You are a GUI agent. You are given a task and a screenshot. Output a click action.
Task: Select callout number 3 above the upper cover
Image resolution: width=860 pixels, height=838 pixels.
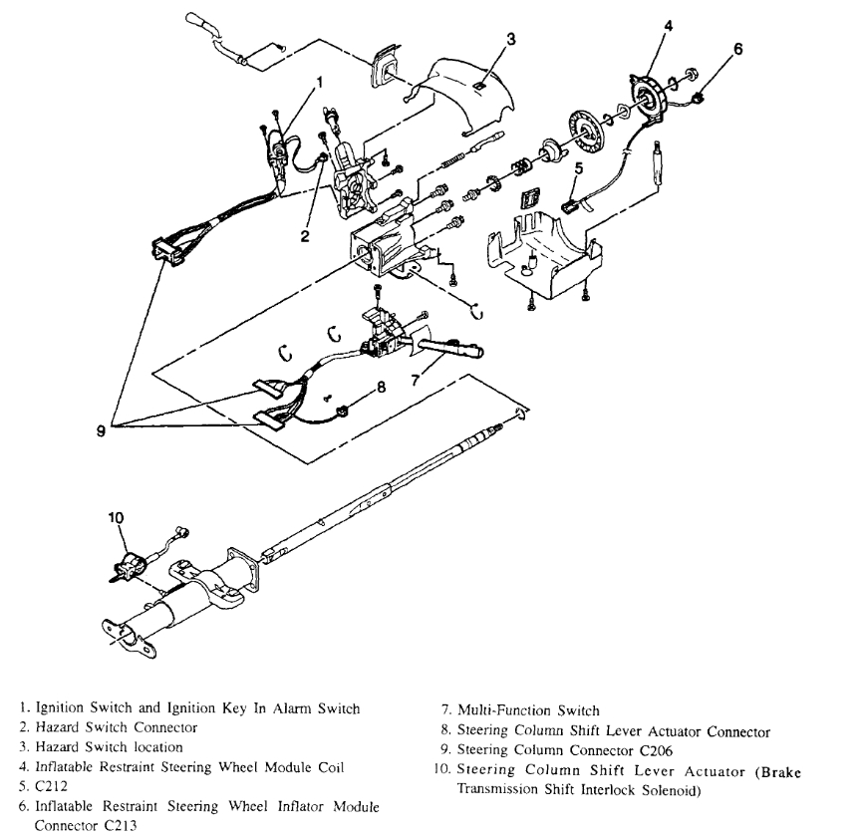[510, 39]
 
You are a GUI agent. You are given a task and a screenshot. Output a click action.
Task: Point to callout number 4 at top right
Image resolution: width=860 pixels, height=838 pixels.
[669, 27]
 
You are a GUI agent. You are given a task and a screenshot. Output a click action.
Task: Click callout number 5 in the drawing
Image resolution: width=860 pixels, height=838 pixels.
[578, 170]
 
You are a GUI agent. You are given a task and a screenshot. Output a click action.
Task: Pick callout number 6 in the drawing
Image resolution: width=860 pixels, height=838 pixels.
[738, 47]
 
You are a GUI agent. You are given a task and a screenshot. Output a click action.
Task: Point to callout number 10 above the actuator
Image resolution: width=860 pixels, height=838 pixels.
[116, 517]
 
